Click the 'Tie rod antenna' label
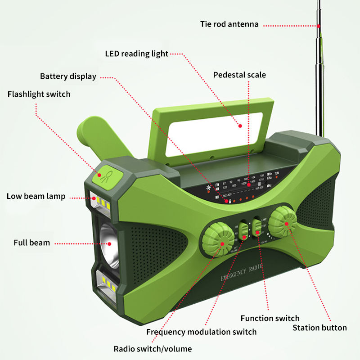pos(229,24)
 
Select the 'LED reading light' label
pos(136,54)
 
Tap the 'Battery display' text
pos(68,76)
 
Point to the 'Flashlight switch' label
pos(39,94)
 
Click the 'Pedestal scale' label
pos(239,75)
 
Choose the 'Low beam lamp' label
pos(36,196)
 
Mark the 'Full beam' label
pos(31,243)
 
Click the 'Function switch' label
pos(270,318)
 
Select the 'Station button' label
pos(319,328)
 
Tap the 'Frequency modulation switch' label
pos(201,332)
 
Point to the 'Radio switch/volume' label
pos(153,349)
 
